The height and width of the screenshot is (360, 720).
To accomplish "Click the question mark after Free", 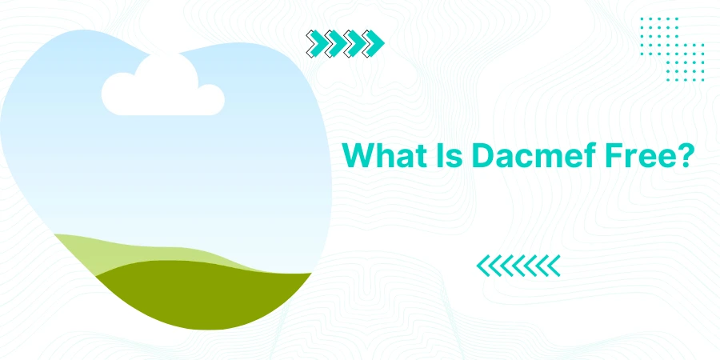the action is pyautogui.click(x=682, y=156).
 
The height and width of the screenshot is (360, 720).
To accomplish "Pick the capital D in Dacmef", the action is pyautogui.click(x=482, y=156).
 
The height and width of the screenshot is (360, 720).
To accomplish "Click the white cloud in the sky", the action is pyautogui.click(x=162, y=86).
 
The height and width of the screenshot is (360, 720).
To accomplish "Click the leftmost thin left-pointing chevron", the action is pyautogui.click(x=482, y=266).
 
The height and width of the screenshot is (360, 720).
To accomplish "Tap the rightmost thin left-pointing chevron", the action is pyautogui.click(x=554, y=266).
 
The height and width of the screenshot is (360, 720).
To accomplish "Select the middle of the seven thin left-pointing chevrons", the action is pyautogui.click(x=518, y=266).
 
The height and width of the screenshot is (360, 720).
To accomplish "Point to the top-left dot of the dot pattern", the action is pyautogui.click(x=642, y=19).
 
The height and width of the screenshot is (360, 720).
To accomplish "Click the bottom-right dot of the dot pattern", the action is pyautogui.click(x=702, y=80).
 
